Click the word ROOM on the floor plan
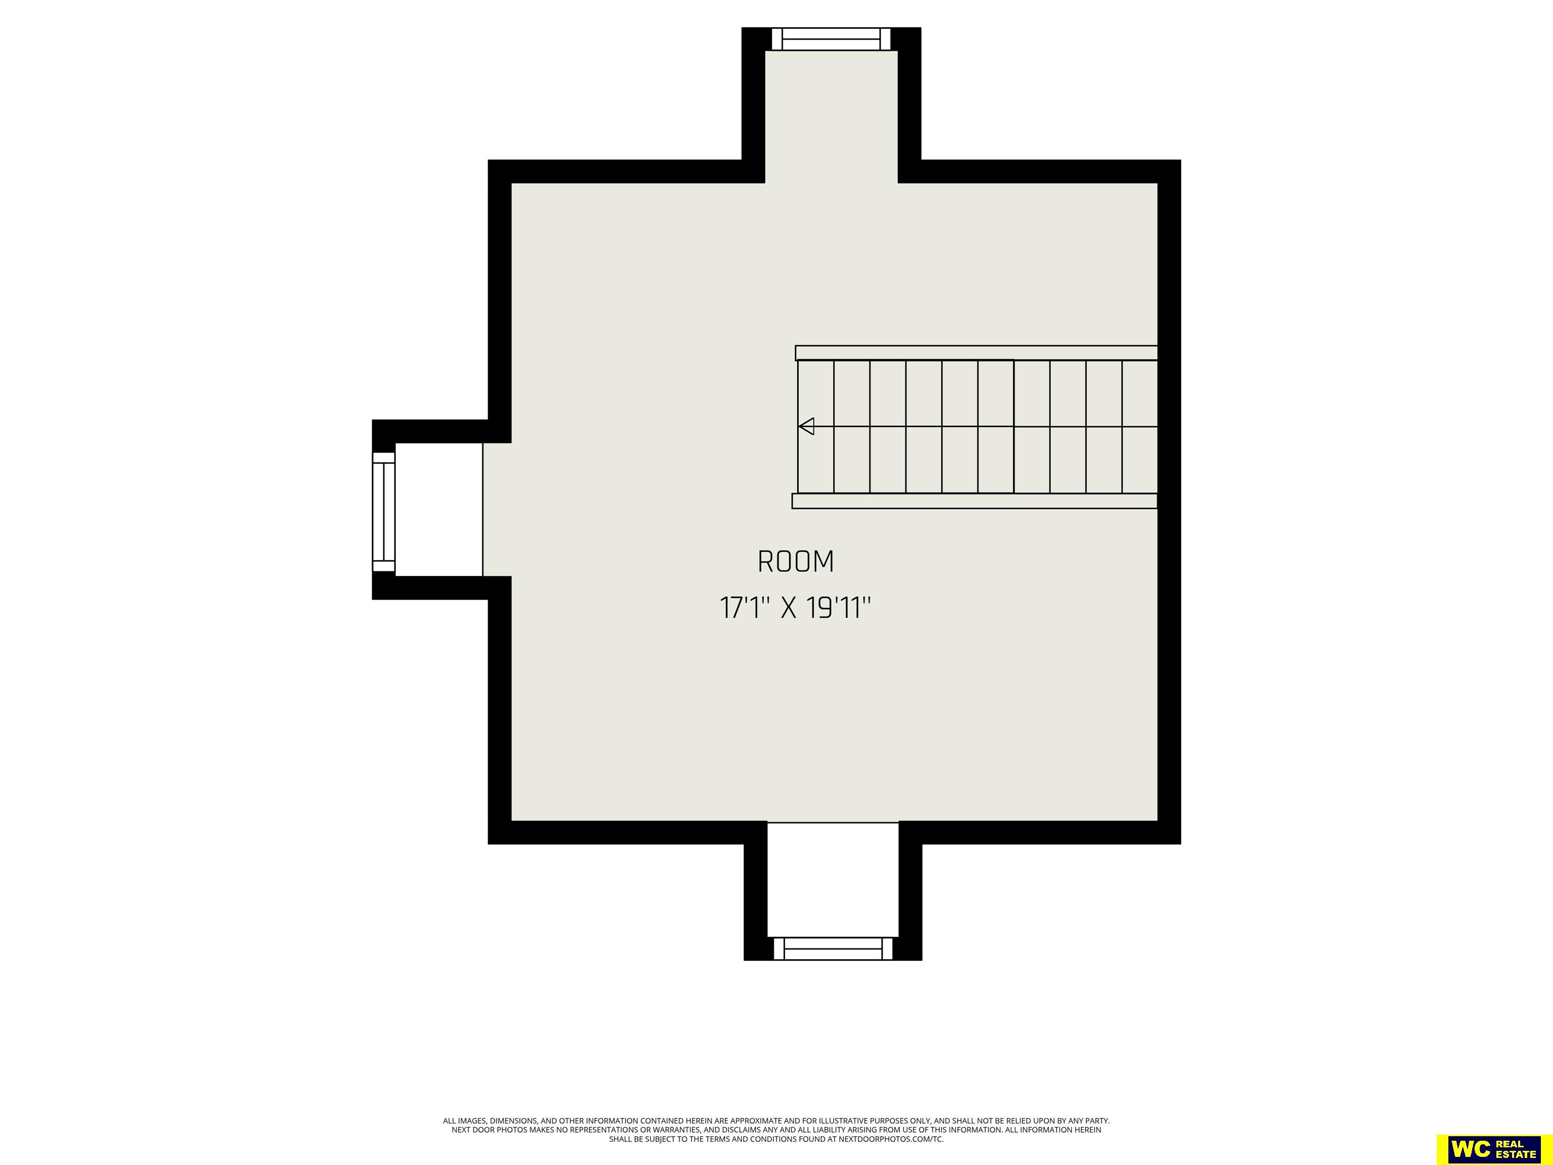795,562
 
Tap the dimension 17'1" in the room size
741,607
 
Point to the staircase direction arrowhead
806,426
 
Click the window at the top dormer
831,39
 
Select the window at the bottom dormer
833,949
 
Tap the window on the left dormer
383,512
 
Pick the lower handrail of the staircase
975,501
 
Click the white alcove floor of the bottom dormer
833,879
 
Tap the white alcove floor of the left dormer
439,509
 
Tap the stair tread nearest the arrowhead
816,426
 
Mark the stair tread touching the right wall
1140,426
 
